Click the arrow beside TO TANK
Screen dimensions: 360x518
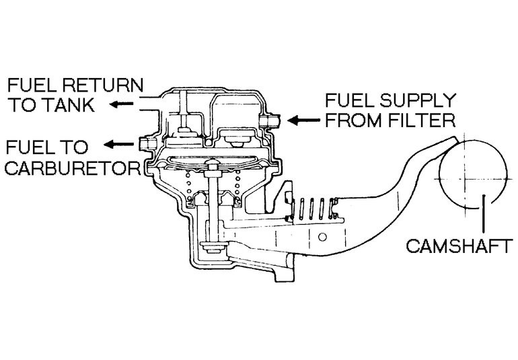click(122, 104)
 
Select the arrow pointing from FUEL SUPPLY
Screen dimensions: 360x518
click(303, 120)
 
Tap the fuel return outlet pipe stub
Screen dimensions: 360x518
click(149, 104)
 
